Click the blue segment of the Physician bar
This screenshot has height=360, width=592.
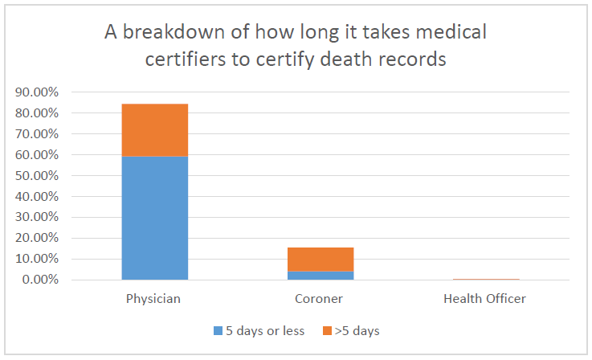point(155,218)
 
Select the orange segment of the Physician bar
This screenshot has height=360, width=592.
point(155,130)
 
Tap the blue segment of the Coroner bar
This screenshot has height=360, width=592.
point(320,275)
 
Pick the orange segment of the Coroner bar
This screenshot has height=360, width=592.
point(320,259)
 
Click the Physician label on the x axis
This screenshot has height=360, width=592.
point(153,299)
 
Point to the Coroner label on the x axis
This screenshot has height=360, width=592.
point(320,299)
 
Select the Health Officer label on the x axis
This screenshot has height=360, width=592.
point(484,299)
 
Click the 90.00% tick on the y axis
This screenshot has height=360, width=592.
point(36,92)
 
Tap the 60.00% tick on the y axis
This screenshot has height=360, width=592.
point(36,155)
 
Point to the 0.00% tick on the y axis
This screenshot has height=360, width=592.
point(39,280)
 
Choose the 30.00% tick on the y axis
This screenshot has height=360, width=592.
point(36,218)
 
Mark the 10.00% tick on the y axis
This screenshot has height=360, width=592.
point(36,260)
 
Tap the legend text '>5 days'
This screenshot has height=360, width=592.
point(357,330)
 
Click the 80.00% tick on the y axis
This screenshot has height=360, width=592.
point(36,113)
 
